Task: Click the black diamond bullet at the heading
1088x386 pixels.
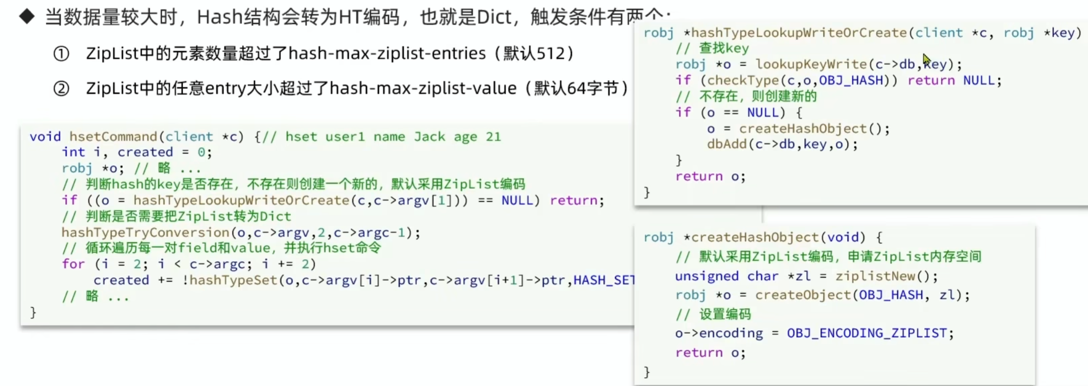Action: (x=27, y=17)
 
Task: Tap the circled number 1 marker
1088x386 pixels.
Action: (x=61, y=54)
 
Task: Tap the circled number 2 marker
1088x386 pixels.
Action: (x=61, y=89)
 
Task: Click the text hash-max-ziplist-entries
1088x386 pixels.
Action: (x=387, y=53)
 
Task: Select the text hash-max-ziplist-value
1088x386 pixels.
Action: (x=423, y=88)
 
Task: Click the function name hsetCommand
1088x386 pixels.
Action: (x=113, y=137)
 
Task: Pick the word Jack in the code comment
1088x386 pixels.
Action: (x=429, y=137)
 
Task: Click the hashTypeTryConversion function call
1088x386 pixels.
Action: (x=145, y=232)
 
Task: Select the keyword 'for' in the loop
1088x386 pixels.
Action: (x=73, y=264)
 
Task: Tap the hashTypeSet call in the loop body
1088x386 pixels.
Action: (x=234, y=280)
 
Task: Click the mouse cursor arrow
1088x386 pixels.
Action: (x=927, y=59)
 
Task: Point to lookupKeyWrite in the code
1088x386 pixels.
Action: (x=811, y=64)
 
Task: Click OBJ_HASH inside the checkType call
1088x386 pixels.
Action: (x=850, y=80)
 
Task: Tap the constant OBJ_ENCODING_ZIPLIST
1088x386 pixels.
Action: (x=866, y=333)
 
